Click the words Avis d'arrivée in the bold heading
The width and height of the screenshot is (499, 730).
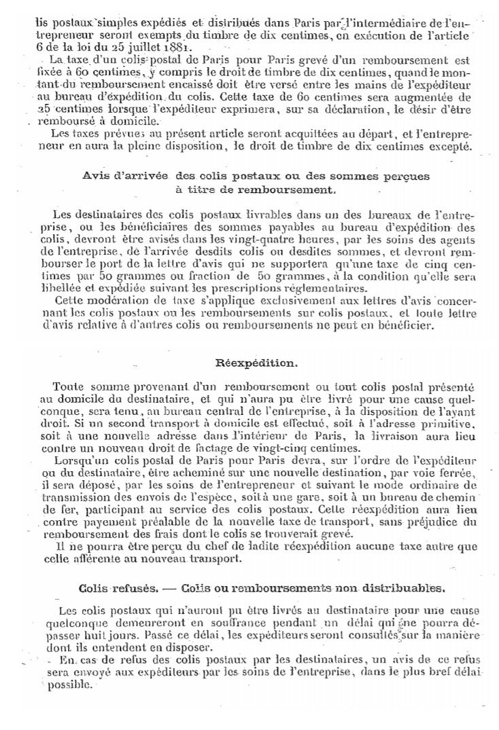pos(126,175)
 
